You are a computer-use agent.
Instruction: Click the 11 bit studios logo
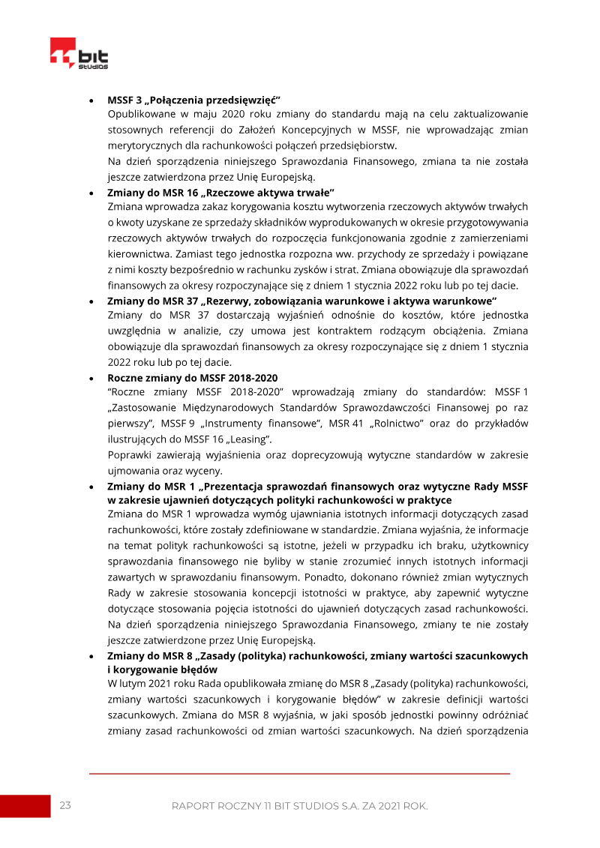(x=79, y=55)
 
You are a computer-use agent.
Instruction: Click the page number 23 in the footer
(x=65, y=805)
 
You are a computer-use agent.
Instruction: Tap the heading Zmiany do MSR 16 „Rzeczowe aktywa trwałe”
(x=220, y=193)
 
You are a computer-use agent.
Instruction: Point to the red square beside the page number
(x=25, y=805)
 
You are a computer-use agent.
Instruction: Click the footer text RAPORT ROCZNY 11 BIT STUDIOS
(x=300, y=806)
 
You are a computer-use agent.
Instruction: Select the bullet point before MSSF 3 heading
(x=91, y=100)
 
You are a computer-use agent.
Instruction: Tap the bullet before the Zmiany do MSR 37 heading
(x=91, y=300)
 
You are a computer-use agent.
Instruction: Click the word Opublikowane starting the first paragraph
(x=140, y=114)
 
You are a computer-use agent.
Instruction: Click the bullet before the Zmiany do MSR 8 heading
(x=91, y=656)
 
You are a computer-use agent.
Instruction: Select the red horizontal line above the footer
(x=300, y=773)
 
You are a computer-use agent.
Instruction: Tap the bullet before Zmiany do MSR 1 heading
(x=91, y=486)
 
